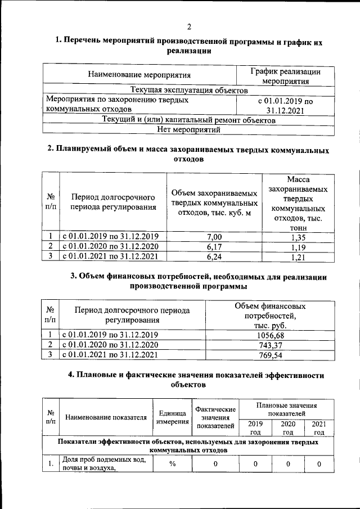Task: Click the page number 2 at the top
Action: point(189,26)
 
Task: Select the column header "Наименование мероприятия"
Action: point(139,74)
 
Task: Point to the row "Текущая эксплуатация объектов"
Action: point(188,90)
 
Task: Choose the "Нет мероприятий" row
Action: point(188,129)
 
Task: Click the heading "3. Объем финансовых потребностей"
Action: point(197,281)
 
